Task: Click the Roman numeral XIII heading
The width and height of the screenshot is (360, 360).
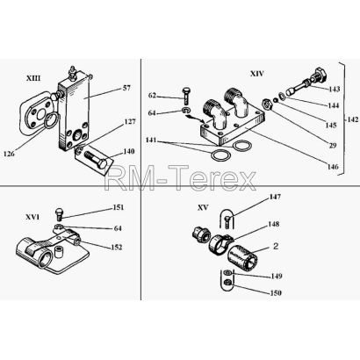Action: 33,78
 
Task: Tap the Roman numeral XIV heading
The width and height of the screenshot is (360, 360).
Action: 256,74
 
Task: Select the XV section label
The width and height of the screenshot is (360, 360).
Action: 203,207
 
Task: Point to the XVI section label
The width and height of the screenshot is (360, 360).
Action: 32,217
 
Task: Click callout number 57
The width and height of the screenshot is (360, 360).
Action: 126,88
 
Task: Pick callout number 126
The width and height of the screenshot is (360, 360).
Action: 9,153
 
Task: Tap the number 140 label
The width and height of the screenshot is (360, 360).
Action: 129,151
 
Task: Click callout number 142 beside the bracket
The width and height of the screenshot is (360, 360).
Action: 353,119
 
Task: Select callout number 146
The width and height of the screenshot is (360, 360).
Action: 333,167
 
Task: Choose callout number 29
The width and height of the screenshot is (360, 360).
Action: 333,145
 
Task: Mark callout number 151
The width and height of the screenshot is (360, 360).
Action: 119,207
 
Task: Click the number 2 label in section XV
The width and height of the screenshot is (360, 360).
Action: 276,247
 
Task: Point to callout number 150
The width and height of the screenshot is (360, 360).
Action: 276,292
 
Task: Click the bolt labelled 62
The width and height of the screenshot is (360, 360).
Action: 186,96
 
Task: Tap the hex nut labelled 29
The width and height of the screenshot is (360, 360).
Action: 267,104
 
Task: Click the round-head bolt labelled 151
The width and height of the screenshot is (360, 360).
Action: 60,214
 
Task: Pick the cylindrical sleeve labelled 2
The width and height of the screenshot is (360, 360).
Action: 243,257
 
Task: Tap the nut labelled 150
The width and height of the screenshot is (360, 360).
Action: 227,283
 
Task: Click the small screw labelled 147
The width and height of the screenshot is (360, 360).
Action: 227,221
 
